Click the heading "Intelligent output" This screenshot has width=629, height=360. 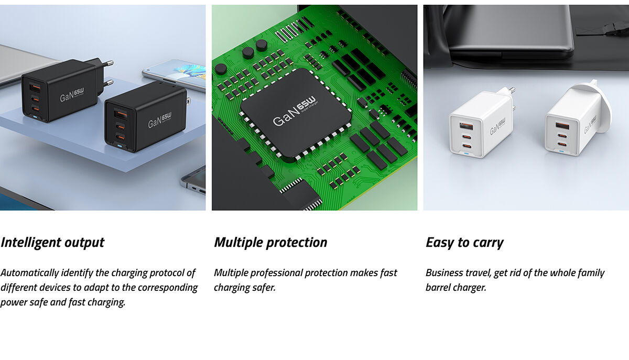[x=52, y=243]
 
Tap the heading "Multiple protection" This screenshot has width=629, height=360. [x=270, y=243]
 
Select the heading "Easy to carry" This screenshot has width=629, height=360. [x=465, y=243]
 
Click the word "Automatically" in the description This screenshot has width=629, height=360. [x=29, y=273]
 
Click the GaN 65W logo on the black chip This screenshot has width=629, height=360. [x=295, y=111]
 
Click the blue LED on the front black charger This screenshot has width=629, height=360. [x=120, y=146]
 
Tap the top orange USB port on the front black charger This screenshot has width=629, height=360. [x=121, y=114]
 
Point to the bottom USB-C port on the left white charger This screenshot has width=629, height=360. [x=467, y=146]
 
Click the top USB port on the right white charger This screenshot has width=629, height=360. [x=563, y=126]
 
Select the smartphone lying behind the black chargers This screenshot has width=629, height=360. [x=174, y=74]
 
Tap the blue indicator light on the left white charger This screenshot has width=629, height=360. [x=467, y=154]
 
